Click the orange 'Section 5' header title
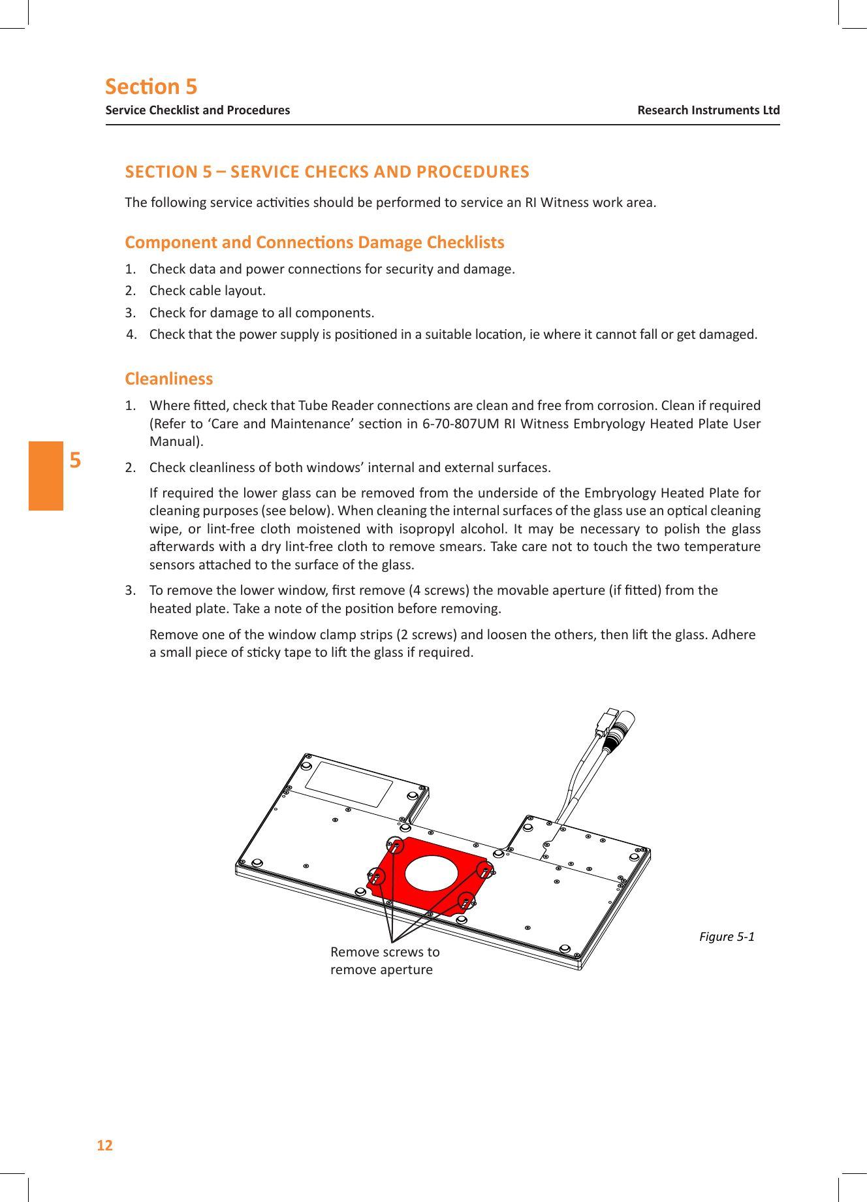tap(151, 87)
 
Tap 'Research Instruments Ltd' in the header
tap(708, 110)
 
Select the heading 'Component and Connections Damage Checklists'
tap(314, 242)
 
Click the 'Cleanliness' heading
tap(168, 379)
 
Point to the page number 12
tap(104, 1145)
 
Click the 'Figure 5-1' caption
tap(727, 936)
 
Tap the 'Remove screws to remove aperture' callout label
tap(385, 960)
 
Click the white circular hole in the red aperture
tap(432, 873)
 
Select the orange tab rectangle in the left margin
tap(46, 475)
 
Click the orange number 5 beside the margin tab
tap(76, 460)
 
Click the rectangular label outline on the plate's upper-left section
tap(349, 784)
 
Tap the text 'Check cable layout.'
tap(207, 291)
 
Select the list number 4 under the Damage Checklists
tap(132, 334)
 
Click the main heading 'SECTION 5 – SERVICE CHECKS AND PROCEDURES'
tap(327, 172)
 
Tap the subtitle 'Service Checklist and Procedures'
tap(198, 110)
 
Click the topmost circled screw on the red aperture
tap(396, 846)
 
